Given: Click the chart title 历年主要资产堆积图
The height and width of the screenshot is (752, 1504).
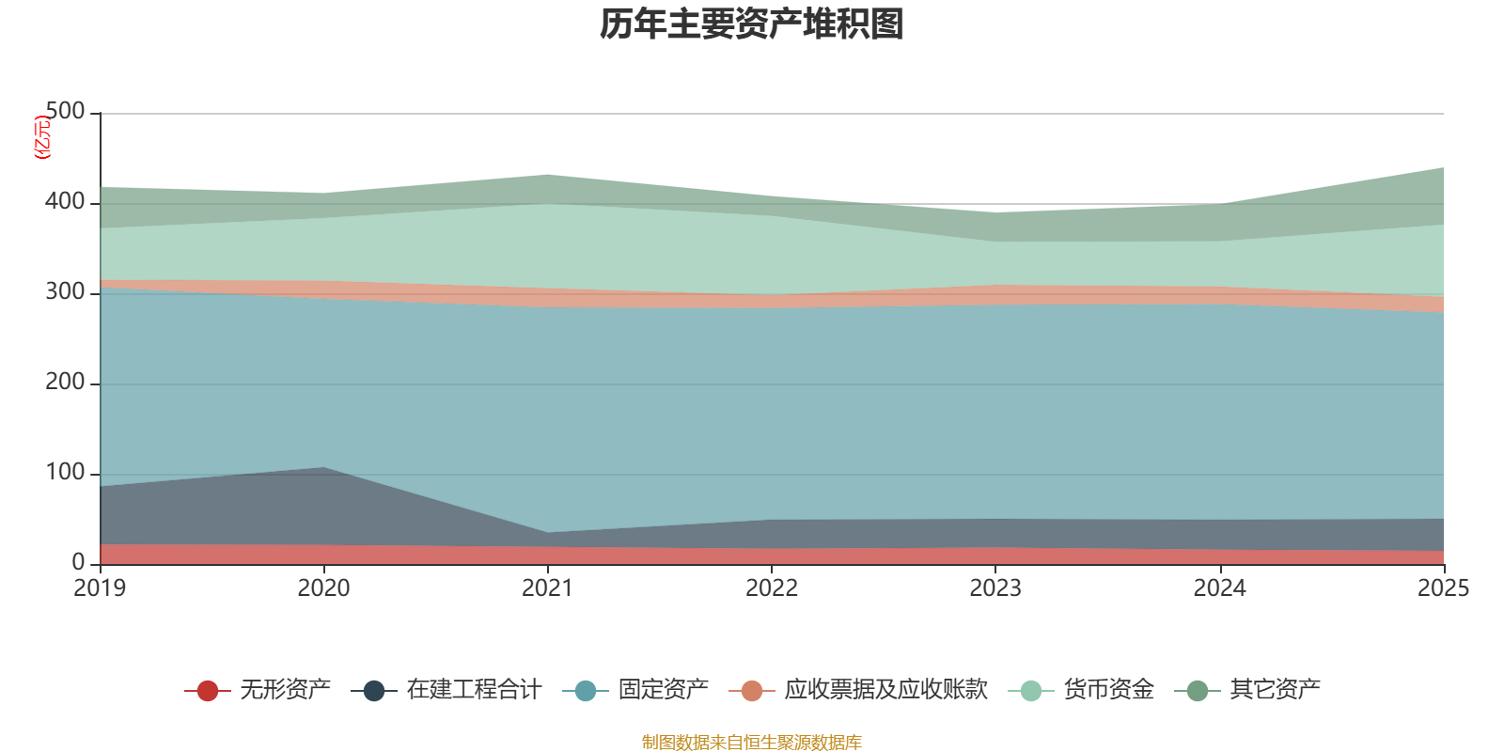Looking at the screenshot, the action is click(x=751, y=24).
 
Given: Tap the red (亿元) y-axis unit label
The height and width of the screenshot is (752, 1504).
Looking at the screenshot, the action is click(x=42, y=137).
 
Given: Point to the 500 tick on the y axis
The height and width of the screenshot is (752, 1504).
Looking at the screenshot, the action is click(x=65, y=111).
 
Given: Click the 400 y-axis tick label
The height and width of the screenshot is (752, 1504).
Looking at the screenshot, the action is click(x=65, y=201).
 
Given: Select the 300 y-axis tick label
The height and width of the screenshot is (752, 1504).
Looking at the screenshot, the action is click(x=65, y=292).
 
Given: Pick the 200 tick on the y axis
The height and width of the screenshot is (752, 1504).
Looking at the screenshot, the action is click(x=65, y=382).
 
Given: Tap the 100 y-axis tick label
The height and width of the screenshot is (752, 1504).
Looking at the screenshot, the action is click(x=65, y=473).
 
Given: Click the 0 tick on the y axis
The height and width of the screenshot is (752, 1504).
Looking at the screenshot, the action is click(x=79, y=563).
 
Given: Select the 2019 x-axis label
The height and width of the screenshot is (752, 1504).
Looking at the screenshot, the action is click(x=100, y=588).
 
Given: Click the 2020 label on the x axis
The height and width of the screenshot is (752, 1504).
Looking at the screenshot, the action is click(x=323, y=588).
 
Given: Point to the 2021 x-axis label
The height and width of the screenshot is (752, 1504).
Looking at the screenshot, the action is click(x=548, y=588).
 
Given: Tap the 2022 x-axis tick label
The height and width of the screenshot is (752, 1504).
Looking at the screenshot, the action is click(x=772, y=588).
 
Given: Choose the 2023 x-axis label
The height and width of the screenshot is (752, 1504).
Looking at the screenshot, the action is click(x=995, y=588).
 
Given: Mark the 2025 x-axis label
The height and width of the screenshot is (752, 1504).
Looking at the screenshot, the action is click(x=1444, y=588).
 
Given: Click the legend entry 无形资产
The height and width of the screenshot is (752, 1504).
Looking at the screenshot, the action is click(x=258, y=690).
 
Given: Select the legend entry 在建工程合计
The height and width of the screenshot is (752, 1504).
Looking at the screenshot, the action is click(x=446, y=690).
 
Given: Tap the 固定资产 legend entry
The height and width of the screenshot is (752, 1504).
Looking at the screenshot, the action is click(x=635, y=690).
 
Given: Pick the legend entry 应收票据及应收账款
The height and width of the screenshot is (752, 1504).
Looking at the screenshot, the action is click(x=858, y=690).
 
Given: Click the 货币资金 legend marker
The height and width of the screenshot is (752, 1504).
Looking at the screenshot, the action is click(x=1030, y=690).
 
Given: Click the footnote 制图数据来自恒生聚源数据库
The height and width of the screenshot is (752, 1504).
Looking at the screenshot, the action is click(x=751, y=742).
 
